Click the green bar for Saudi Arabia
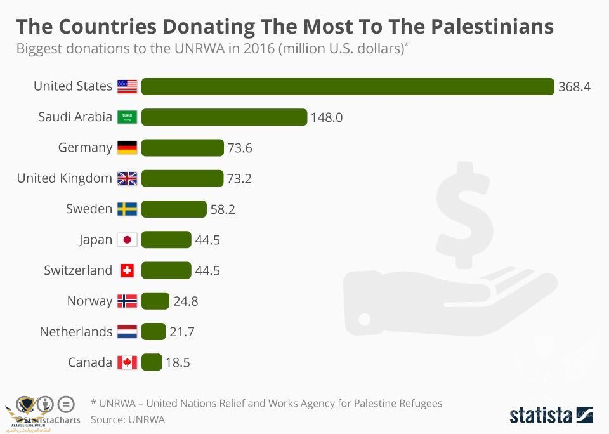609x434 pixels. [x=224, y=117]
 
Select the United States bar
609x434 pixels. [x=348, y=86]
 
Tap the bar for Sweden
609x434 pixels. [x=174, y=209]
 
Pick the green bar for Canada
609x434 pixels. [x=152, y=362]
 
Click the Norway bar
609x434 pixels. [x=155, y=301]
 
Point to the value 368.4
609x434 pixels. [x=574, y=87]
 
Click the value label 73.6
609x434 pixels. [x=240, y=148]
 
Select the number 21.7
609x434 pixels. [x=183, y=332]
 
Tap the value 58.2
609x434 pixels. [x=223, y=209]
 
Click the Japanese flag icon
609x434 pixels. [x=128, y=240]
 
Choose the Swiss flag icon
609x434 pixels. [x=128, y=270]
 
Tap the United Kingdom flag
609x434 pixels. [x=128, y=178]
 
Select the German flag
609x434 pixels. [x=128, y=148]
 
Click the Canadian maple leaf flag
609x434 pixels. [x=128, y=362]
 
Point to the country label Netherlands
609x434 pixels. [x=76, y=331]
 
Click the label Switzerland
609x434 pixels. [x=78, y=270]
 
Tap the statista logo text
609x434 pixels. [x=540, y=416]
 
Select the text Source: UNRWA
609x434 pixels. [x=128, y=419]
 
